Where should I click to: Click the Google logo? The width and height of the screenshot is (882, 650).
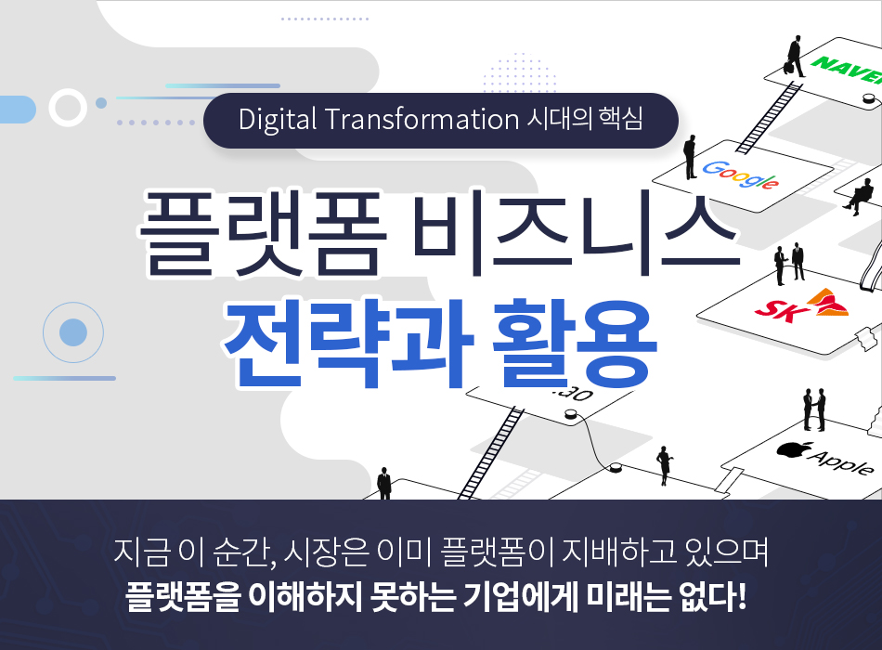[740, 175]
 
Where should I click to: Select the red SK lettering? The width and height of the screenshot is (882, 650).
[779, 309]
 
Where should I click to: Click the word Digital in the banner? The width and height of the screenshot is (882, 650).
[278, 120]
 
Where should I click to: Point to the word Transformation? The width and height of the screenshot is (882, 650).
[422, 119]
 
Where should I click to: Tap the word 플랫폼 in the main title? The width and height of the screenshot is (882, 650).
[262, 234]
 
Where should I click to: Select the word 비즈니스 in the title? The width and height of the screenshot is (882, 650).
[575, 234]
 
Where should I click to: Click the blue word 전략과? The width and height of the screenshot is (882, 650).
[347, 344]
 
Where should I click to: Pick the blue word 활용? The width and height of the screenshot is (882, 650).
[574, 344]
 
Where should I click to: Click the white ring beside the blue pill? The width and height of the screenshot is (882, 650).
[68, 107]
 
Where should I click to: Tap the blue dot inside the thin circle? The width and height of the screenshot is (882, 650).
[73, 332]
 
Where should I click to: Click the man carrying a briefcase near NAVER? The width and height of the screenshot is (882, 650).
[794, 57]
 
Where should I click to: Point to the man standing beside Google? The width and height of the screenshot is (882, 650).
[690, 158]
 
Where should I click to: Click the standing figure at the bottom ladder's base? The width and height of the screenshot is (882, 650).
[383, 483]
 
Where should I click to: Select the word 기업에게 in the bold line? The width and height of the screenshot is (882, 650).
[521, 597]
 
